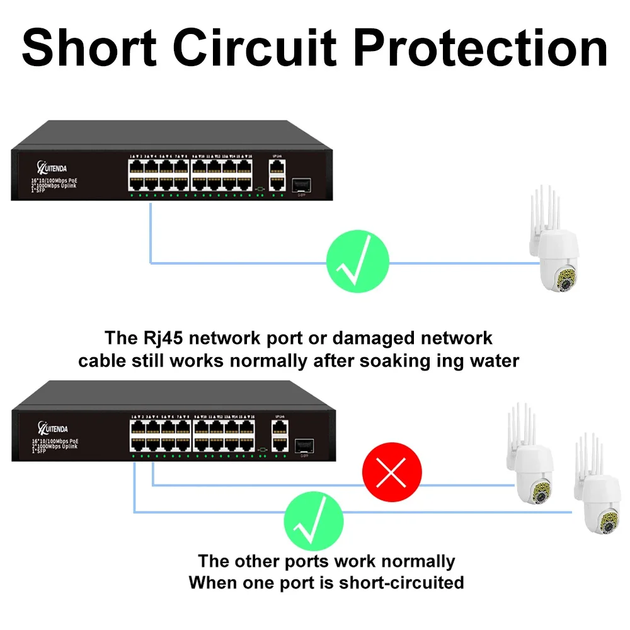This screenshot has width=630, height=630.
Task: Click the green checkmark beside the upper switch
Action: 357,262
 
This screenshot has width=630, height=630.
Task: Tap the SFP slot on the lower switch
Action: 303,444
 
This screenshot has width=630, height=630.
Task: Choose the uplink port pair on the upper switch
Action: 276,173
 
